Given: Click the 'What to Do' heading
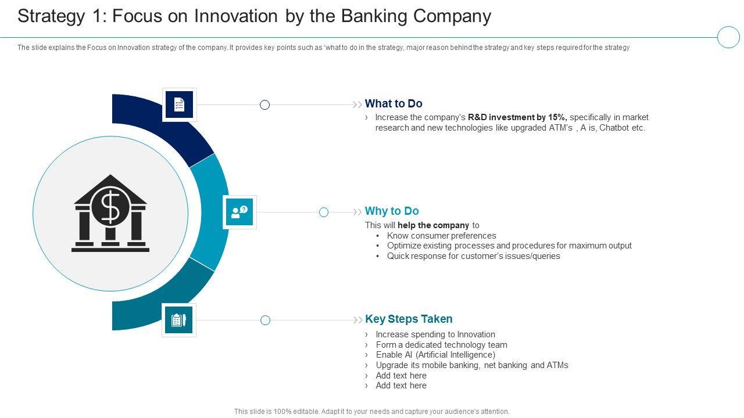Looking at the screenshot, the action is pos(394,103).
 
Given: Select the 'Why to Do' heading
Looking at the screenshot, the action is pos(392,211).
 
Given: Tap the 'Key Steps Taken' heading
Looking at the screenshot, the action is pos(409,319).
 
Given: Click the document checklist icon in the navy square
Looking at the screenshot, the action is pos(180,105).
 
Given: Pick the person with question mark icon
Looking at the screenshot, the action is pos(239,212).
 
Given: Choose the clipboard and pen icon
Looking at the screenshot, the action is pos(178,320).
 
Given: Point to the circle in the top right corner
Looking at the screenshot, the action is pos(728,37).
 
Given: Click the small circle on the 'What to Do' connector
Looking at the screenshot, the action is pos(264,105).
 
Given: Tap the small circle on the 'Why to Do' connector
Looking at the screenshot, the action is pos(324,212).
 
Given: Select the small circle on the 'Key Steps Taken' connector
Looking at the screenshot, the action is pos(266,320).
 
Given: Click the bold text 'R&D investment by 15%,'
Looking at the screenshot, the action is pos(517,117).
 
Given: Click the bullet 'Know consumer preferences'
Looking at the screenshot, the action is pos(441,236).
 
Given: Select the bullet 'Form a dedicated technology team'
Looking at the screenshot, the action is pos(441,345).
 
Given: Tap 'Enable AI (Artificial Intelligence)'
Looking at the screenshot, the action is pos(435,355).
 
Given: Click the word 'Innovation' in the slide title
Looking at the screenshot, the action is pos(236,16).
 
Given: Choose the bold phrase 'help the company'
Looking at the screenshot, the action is pos(434,225).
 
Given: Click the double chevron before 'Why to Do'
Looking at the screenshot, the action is pos(357,212).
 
